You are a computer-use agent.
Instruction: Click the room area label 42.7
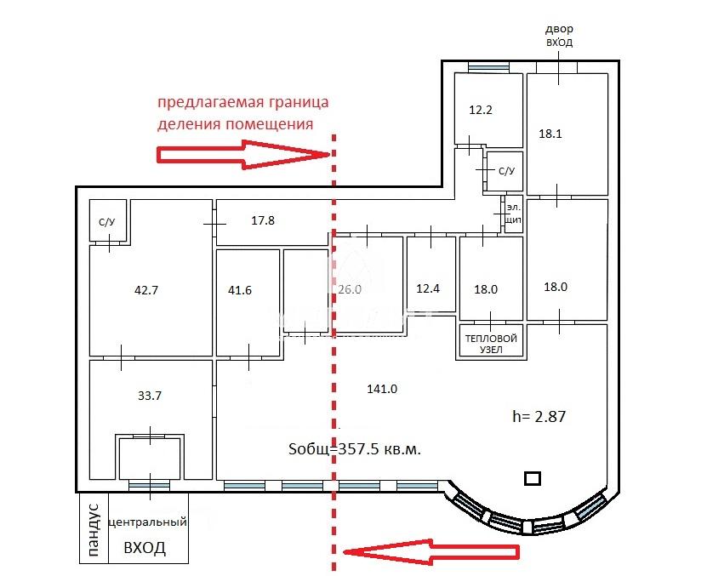pos(146,290)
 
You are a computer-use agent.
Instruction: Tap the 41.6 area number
pos(239,290)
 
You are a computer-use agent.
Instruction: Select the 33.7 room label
pos(149,396)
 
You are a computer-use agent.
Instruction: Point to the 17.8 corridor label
pos(263,220)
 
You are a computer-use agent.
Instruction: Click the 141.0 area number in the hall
pos(382,389)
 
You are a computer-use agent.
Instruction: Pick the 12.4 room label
pos(427,288)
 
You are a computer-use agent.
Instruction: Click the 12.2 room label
pos(480,110)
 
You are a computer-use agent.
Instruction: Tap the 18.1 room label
pos(550,134)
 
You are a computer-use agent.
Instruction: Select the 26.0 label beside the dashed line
pos(350,289)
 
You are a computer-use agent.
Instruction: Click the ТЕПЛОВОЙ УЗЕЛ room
pos(491,342)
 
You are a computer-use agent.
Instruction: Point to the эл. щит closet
pos(514,214)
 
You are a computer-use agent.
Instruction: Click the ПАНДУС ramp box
pos(94,528)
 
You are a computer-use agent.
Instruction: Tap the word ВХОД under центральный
pos(145,548)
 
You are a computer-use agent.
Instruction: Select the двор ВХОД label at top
pos(559,36)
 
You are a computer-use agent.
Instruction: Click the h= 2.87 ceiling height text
pos(539,416)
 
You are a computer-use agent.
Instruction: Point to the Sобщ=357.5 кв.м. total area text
pos(355,449)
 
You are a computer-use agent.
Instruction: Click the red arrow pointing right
pos(243,154)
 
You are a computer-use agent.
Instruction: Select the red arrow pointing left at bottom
pos(431,551)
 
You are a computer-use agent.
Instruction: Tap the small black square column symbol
pos(533,478)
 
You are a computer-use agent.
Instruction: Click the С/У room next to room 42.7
pos(108,220)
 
